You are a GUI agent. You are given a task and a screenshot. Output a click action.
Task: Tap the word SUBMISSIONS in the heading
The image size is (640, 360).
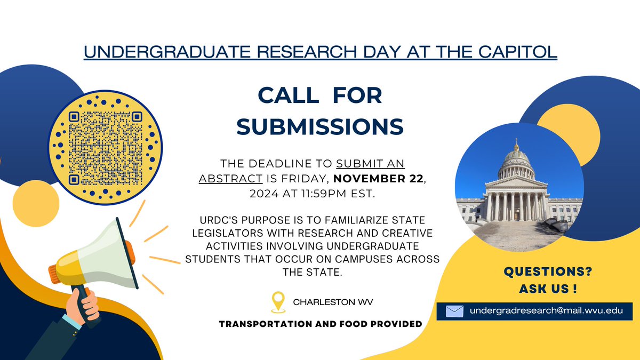click(320, 126)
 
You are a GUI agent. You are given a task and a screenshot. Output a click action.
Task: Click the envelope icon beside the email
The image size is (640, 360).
click(454, 311)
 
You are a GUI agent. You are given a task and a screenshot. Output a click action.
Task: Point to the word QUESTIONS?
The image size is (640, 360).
click(548, 272)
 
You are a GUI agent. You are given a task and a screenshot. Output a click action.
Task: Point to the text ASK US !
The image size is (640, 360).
click(548, 289)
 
